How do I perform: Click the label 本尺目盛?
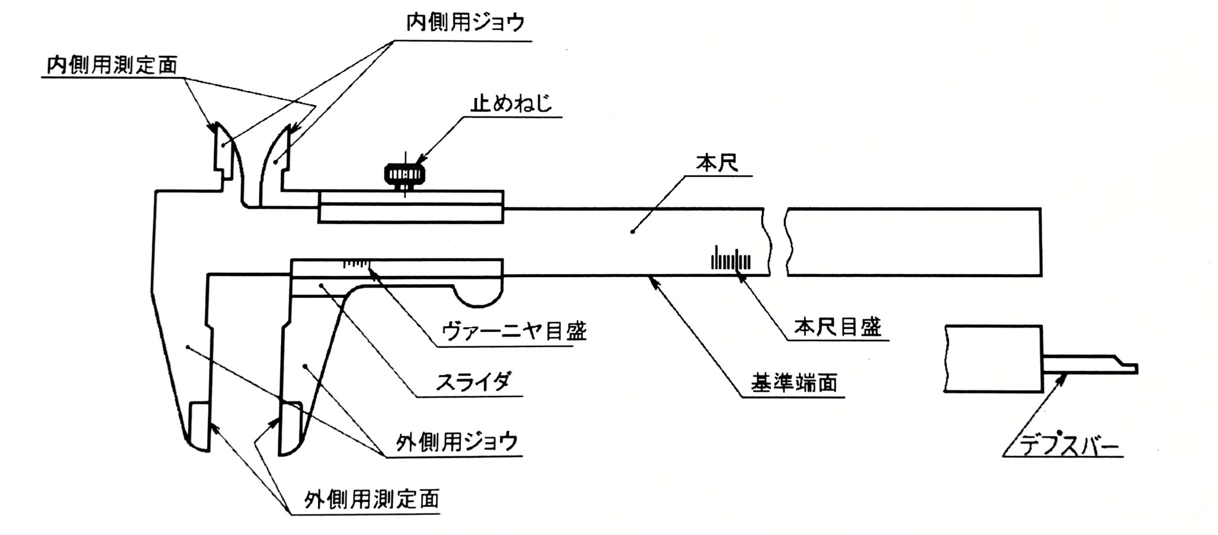[837, 328]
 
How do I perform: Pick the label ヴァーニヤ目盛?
[514, 331]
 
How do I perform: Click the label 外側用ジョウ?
[457, 442]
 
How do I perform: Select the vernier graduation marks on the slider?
[356, 263]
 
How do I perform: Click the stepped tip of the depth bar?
[1127, 367]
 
